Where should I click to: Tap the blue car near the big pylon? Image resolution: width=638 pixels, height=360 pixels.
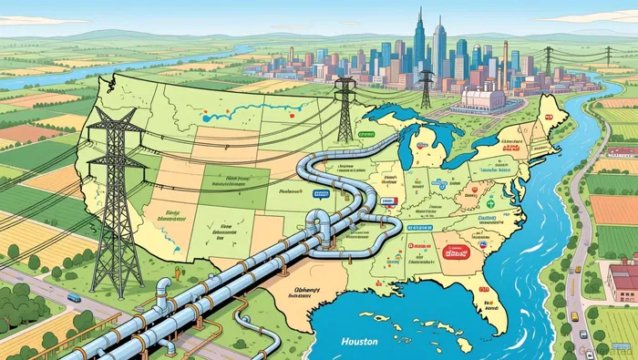point(74,298)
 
